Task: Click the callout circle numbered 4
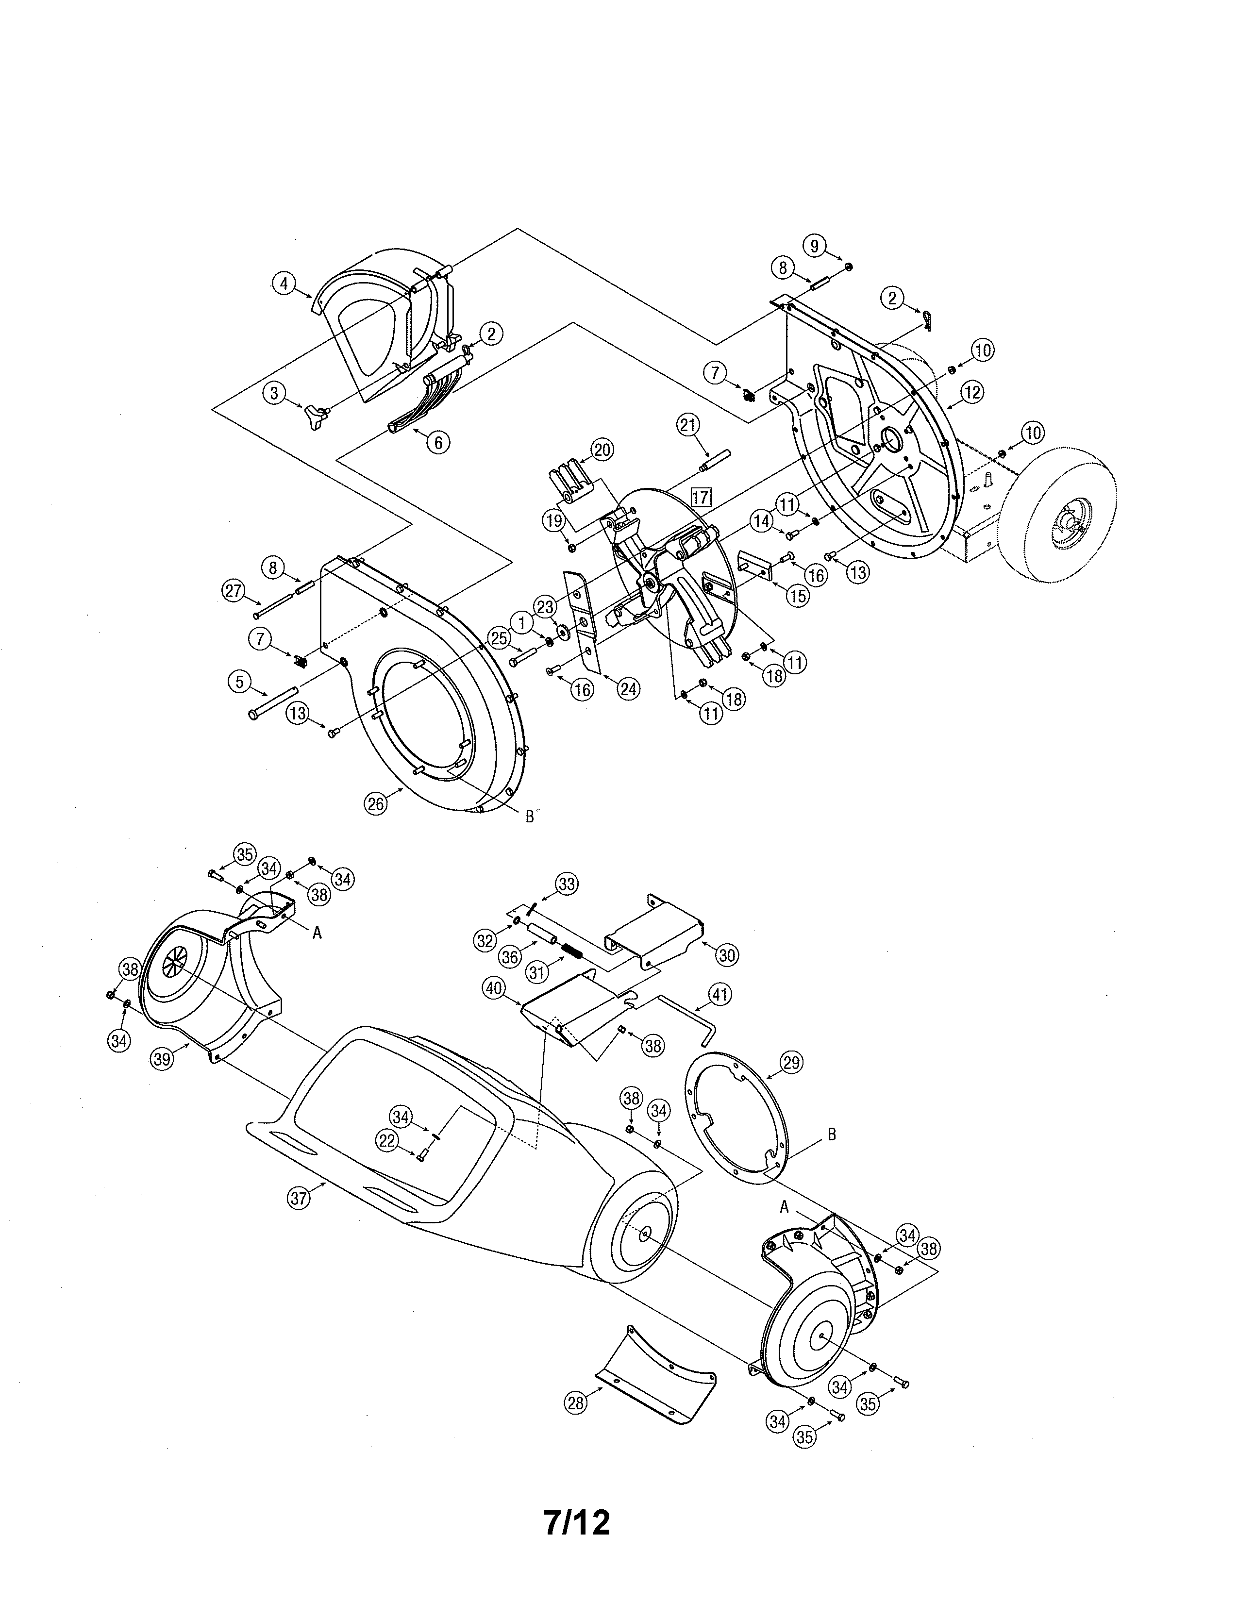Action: [284, 283]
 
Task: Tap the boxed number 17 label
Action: [701, 497]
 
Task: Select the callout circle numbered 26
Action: [375, 804]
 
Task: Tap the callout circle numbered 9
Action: [815, 245]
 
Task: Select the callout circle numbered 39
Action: [162, 1058]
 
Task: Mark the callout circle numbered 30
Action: [727, 954]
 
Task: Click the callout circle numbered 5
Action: [239, 682]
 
